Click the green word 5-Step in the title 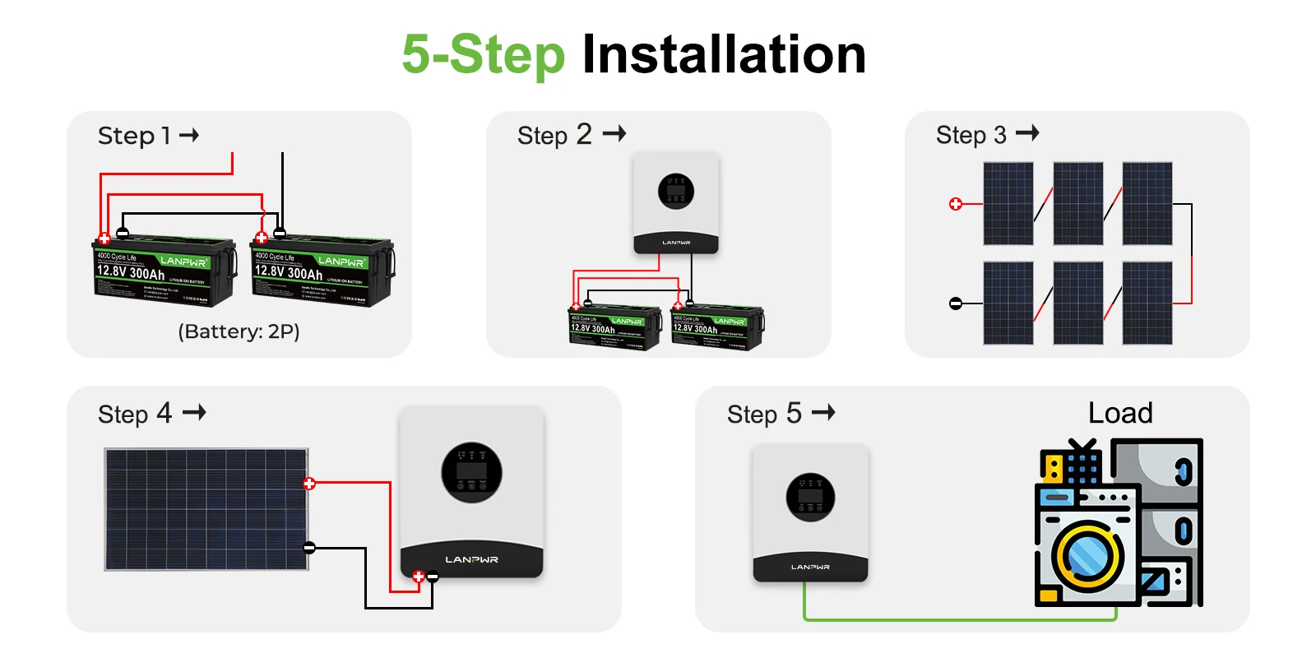[483, 55]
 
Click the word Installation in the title [724, 55]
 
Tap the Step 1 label [134, 136]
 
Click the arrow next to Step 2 [614, 133]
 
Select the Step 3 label [971, 135]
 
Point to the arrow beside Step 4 [194, 412]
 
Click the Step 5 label [764, 414]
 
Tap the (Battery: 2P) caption [239, 331]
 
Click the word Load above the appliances [1120, 413]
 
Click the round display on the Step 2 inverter [676, 192]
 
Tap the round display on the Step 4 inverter [471, 473]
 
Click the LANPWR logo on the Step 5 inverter [810, 567]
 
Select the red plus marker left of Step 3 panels [955, 204]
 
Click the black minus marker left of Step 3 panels [955, 304]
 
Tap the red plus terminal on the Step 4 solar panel [309, 484]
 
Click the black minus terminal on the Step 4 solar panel [309, 548]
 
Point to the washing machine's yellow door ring [1087, 557]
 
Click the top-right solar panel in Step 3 [1147, 203]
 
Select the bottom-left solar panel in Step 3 [1008, 303]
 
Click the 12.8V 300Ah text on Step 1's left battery [130, 272]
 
